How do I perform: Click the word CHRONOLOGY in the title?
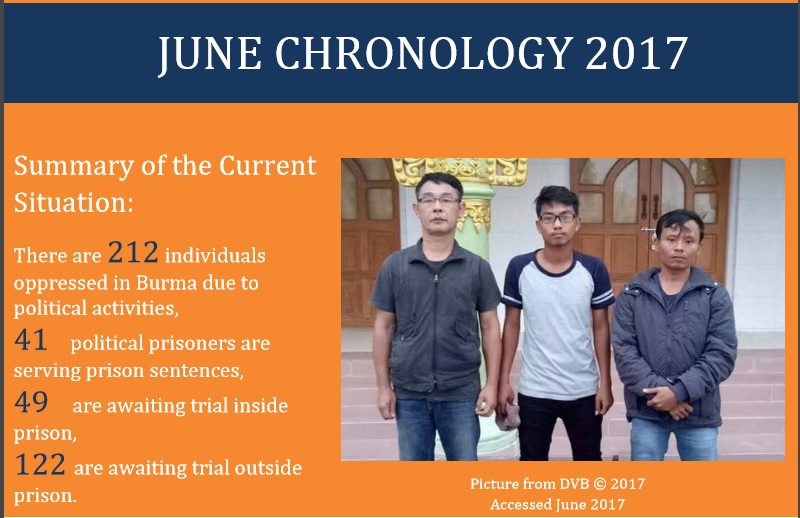pyautogui.click(x=423, y=53)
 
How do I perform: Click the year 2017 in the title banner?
pyautogui.click(x=637, y=53)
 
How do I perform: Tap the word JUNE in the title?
pyautogui.click(x=210, y=54)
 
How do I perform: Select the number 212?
pyautogui.click(x=133, y=252)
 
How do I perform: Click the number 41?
pyautogui.click(x=31, y=339)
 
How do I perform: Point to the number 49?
pyautogui.click(x=31, y=402)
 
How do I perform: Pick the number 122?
pyautogui.click(x=40, y=464)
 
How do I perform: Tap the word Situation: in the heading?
pyautogui.click(x=73, y=202)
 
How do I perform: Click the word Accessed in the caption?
pyautogui.click(x=521, y=504)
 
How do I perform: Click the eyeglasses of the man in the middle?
pyautogui.click(x=557, y=218)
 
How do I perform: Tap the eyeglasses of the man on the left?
pyautogui.click(x=438, y=201)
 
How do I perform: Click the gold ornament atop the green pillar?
pyautogui.click(x=460, y=171)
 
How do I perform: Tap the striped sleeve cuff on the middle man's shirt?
pyautogui.click(x=603, y=298)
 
